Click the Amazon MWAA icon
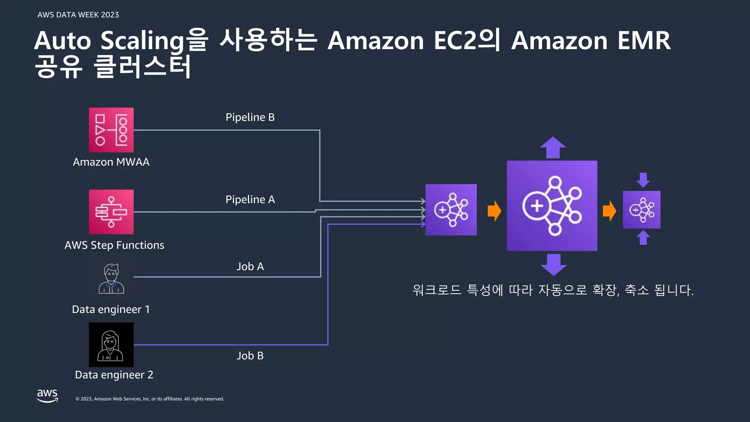tap(111, 130)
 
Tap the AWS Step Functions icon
tap(111, 212)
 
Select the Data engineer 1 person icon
tap(111, 279)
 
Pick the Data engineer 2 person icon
tap(111, 345)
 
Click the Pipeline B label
tap(250, 117)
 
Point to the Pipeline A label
tap(250, 199)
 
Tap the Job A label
tap(250, 266)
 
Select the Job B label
tap(250, 356)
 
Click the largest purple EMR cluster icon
tap(552, 206)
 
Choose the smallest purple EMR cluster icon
tap(642, 210)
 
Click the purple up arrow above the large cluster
tap(553, 148)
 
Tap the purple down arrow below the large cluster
tap(553, 264)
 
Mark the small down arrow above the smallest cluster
tap(643, 180)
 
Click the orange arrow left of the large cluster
tap(494, 211)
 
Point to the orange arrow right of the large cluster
tap(609, 211)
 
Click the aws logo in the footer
tap(47, 396)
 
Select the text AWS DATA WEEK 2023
tap(78, 15)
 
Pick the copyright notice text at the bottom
tap(149, 399)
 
